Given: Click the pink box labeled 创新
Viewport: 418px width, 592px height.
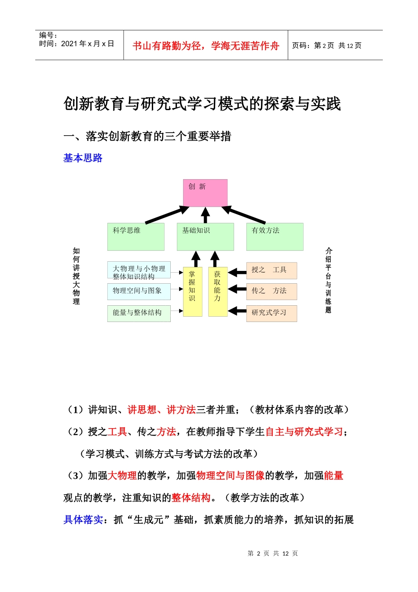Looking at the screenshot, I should (x=205, y=193).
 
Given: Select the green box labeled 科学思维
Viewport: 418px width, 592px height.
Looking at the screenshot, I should (x=136, y=237).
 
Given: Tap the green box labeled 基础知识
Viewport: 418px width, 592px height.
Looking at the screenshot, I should (x=205, y=237).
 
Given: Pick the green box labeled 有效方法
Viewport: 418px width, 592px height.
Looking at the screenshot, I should (x=275, y=237).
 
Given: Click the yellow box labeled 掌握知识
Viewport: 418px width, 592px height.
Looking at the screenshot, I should (x=192, y=291).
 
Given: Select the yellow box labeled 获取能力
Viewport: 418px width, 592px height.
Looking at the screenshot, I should (x=217, y=291).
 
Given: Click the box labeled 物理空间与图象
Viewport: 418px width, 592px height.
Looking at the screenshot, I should (x=139, y=291).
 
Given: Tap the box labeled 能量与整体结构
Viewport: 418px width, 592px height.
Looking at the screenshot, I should (x=139, y=313).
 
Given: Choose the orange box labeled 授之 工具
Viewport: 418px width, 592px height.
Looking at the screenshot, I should (x=271, y=270).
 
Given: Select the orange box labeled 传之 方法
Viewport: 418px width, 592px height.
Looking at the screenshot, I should (x=271, y=291).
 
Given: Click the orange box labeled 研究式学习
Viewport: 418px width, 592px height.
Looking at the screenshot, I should (x=271, y=313).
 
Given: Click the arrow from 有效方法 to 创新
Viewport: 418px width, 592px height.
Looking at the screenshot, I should (x=244, y=215).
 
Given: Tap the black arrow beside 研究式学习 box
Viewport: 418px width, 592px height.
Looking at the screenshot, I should (x=237, y=311).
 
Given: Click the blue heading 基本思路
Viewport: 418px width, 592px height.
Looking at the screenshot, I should (x=83, y=158).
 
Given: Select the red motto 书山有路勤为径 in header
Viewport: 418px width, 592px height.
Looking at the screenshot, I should (x=205, y=46).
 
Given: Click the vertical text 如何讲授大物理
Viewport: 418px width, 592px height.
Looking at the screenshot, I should (x=77, y=276).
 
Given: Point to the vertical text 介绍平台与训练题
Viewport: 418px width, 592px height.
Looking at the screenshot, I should (x=328, y=280).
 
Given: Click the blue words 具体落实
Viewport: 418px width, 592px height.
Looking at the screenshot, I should (x=83, y=520).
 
